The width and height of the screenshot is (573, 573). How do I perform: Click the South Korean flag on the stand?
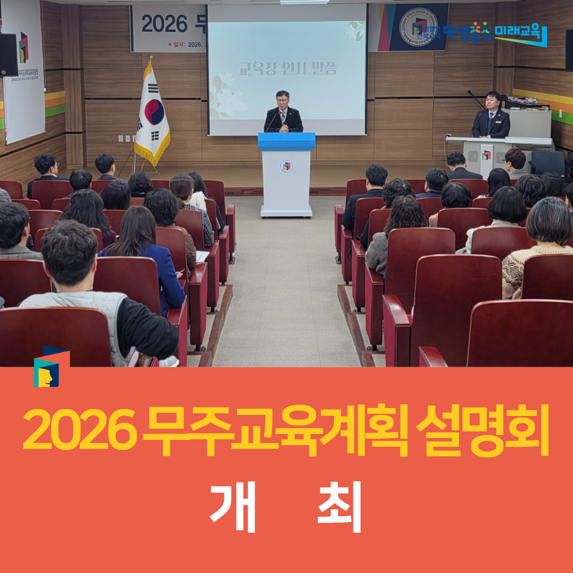coord(152,114)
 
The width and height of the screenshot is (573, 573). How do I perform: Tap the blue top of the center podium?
coord(286,141)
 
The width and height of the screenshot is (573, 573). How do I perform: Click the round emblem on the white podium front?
coord(286,167)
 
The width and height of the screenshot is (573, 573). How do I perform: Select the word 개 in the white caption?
coord(233,507)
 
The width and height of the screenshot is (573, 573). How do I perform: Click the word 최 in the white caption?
coord(340,507)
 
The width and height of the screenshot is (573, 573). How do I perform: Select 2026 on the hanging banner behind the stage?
coord(164,23)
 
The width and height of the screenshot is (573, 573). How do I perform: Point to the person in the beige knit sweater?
coord(536,249)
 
